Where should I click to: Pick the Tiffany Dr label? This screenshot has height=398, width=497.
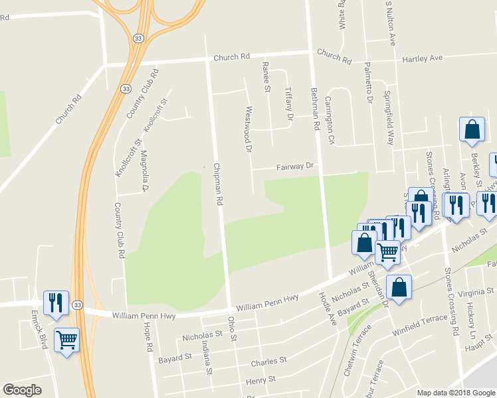288,104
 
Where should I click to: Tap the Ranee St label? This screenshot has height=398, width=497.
266,78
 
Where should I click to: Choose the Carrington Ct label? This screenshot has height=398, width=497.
329,120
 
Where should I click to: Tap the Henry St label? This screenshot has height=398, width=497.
260,380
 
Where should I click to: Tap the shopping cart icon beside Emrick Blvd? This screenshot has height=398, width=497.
66,340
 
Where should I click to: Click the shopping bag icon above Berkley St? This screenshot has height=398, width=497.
472,130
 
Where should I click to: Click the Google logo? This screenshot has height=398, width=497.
22,390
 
